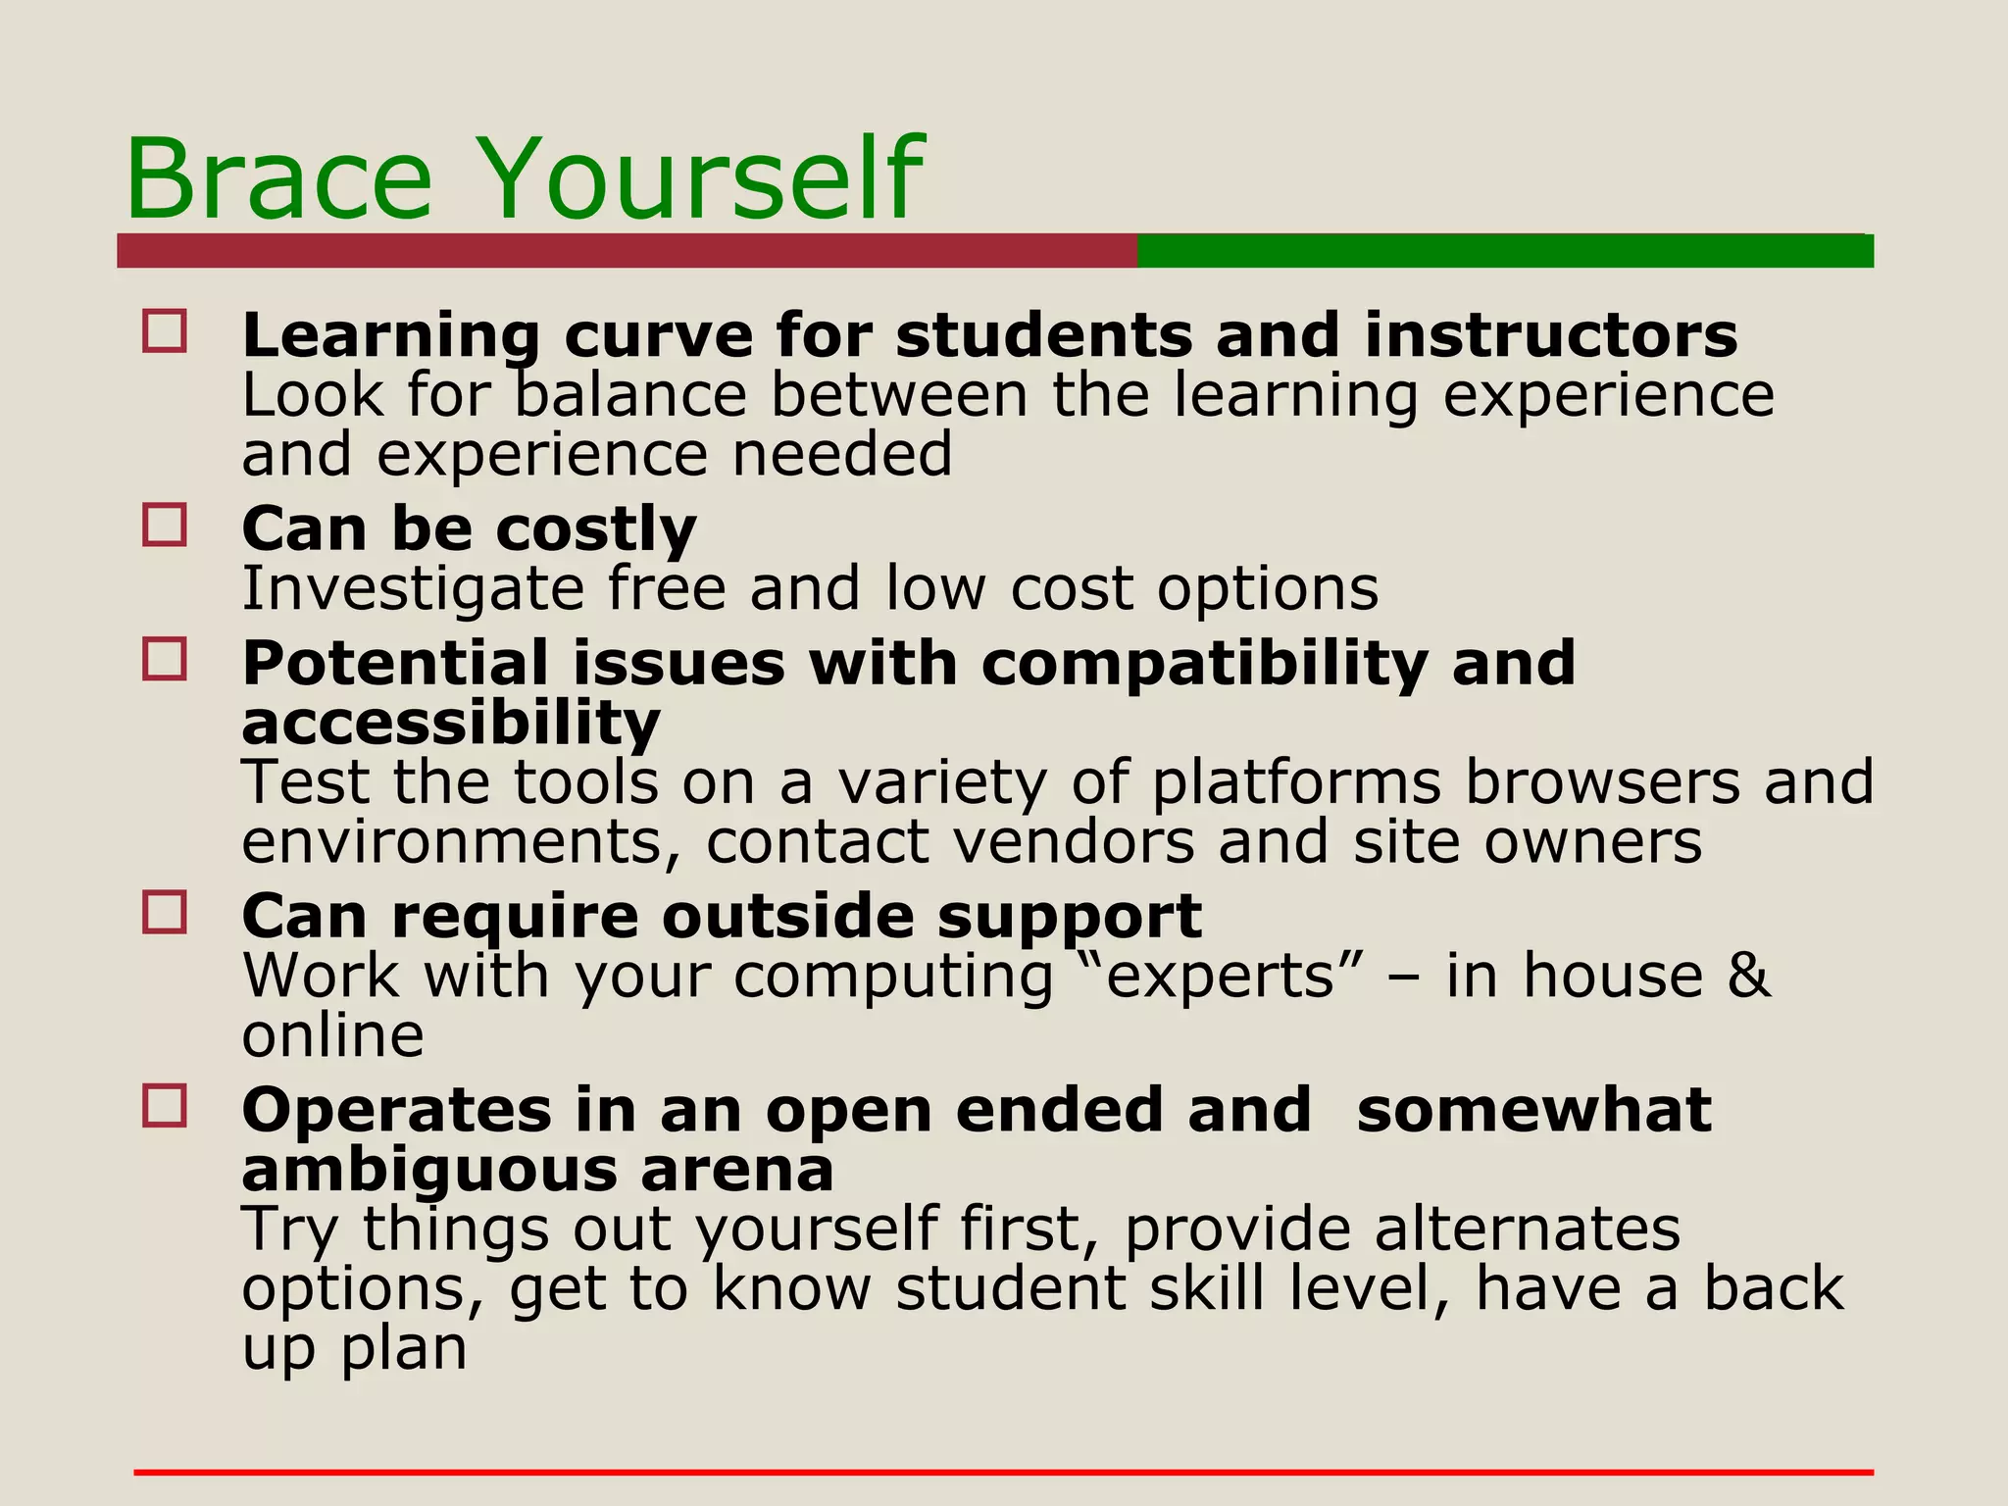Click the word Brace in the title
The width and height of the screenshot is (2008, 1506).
click(278, 180)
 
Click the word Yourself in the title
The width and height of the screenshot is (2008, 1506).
click(702, 180)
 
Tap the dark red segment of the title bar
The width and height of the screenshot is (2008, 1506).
click(627, 251)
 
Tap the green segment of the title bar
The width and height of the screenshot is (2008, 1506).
click(1505, 251)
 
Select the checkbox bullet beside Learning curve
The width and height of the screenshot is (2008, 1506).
click(165, 331)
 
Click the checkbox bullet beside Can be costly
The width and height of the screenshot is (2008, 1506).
click(165, 526)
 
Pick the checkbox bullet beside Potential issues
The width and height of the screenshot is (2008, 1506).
click(165, 659)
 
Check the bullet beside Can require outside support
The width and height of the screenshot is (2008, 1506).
click(165, 912)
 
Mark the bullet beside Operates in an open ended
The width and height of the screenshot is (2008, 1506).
click(165, 1106)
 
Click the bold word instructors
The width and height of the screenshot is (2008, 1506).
click(1550, 335)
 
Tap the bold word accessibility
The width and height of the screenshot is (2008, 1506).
click(451, 724)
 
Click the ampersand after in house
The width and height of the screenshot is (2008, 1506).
click(1749, 977)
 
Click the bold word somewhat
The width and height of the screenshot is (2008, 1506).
click(1534, 1110)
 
